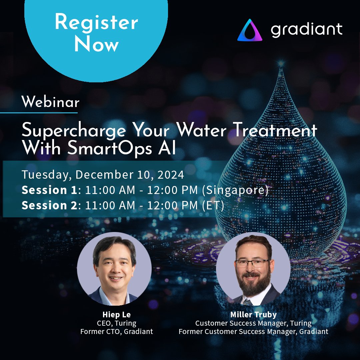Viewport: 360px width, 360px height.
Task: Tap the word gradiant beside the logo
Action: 307,30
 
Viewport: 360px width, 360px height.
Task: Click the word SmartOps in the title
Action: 110,148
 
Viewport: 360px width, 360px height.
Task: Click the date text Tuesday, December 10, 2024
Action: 103,174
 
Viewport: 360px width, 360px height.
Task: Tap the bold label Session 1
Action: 49,190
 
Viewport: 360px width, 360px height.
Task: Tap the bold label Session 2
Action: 50,205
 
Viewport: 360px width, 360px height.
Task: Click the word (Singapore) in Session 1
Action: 235,191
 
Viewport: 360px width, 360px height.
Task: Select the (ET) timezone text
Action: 213,205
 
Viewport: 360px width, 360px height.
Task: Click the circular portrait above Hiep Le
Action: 114,269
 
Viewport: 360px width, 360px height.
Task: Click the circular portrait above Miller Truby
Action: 253,269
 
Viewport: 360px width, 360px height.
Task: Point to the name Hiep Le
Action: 117,315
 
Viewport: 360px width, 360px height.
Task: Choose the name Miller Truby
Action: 253,315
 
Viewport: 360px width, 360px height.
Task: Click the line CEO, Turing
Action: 117,323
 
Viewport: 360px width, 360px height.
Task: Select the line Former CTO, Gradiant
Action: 117,332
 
